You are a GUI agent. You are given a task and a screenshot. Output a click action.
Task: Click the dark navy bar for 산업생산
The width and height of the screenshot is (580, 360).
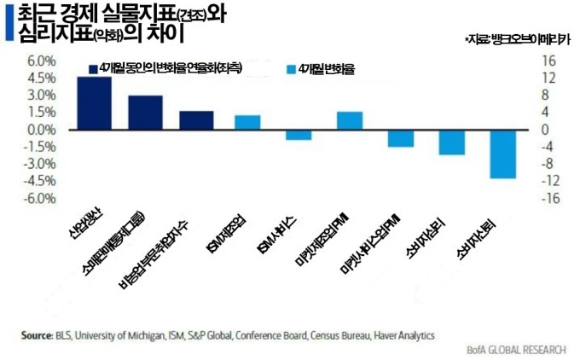pos(94,103)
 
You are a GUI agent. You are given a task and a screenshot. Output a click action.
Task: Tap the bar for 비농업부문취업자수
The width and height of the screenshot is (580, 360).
pos(196,120)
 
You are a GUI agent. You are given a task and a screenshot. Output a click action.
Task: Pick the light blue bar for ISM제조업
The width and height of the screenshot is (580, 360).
pos(247,122)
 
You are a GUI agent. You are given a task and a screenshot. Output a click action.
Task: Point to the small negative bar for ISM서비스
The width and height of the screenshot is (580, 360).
pos(298,135)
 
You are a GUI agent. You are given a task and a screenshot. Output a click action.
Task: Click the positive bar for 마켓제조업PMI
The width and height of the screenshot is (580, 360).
pos(349,121)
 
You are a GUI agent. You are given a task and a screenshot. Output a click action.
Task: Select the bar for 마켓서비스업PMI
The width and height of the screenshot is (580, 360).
pos(400,138)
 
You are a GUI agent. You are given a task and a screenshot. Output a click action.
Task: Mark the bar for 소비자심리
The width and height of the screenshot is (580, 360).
pos(451,142)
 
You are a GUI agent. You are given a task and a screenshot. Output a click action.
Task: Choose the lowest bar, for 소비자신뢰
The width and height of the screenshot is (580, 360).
pos(502,154)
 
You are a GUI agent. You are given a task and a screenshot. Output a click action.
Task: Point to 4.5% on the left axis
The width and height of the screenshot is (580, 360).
pos(42,78)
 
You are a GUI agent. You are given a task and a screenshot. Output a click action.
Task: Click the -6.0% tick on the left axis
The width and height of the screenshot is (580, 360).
pos(41,199)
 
